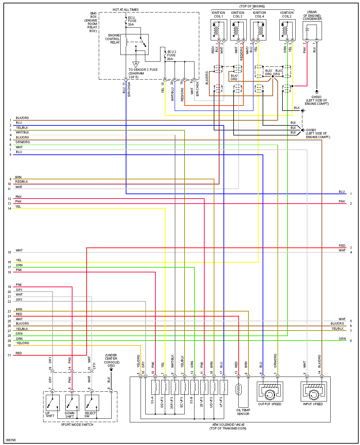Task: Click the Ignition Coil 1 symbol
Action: tap(218, 30)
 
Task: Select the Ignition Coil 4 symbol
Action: tap(258, 30)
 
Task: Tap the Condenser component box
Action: tap(312, 31)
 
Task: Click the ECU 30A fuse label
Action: tap(132, 21)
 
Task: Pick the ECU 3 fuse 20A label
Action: tap(171, 55)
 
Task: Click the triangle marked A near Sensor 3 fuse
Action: tap(136, 64)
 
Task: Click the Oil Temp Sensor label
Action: tap(243, 412)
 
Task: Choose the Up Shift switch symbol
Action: tap(53, 403)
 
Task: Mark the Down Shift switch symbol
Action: tap(72, 403)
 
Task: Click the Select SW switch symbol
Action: tap(92, 403)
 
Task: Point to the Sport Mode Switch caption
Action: tap(77, 425)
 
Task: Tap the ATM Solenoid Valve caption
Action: tap(228, 426)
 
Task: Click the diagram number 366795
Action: tap(11, 440)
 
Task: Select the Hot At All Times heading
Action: tap(125, 10)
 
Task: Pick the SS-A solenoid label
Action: tap(152, 400)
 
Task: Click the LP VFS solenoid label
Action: tap(221, 401)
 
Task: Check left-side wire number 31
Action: tap(9, 355)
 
